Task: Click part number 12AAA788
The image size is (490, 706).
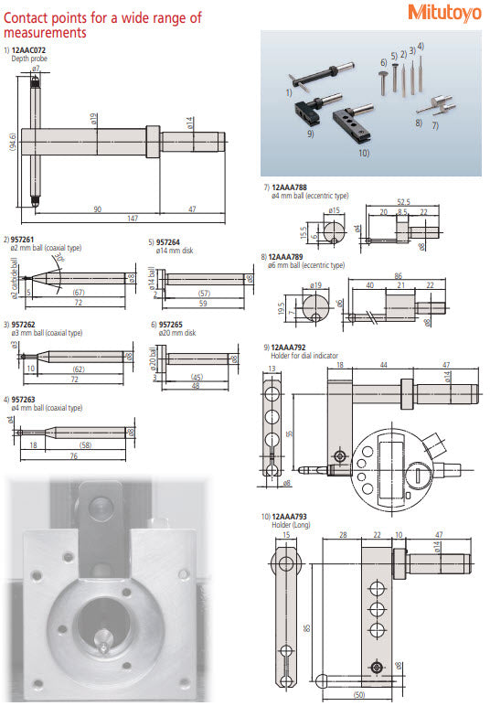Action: click(x=290, y=187)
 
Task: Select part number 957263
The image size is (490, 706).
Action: click(x=25, y=400)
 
